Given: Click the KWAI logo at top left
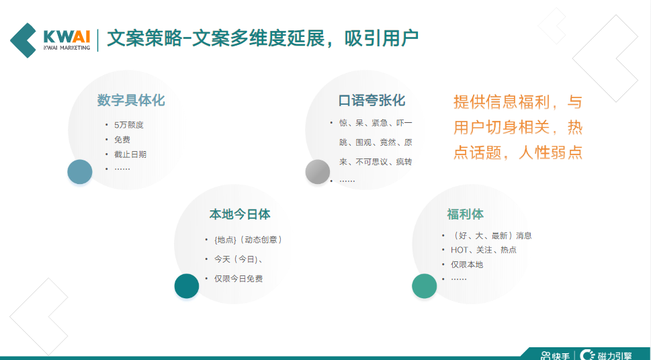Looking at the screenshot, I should tap(50, 40).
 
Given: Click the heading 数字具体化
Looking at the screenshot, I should tap(130, 101).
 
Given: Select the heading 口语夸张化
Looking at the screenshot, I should tap(372, 101).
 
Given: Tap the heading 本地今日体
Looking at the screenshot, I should tap(240, 214).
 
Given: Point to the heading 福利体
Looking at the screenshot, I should tap(465, 214).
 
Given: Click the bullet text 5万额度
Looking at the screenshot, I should tap(129, 125).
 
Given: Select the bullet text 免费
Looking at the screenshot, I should tap(122, 140).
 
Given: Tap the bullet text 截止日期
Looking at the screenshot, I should tap(130, 154).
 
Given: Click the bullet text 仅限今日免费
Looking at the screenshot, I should tap(238, 279).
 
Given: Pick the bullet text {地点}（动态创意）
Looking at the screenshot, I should tap(248, 240).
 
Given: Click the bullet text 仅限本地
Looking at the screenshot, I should tap(467, 265).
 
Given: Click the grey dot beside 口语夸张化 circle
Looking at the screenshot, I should tap(318, 172).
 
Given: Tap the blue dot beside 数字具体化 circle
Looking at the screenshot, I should tap(80, 172).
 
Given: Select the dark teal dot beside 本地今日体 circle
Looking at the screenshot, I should tap(187, 286).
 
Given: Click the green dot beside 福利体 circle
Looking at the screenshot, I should tap(425, 286).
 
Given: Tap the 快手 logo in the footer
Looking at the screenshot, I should tap(555, 355).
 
